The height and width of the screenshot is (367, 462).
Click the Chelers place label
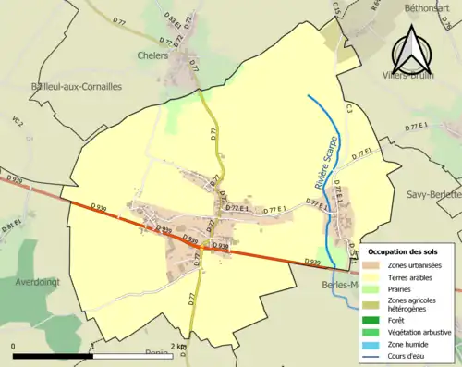pos(153,55)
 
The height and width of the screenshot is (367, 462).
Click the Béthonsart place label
pos(426,6)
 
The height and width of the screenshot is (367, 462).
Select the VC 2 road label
pos(17,121)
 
